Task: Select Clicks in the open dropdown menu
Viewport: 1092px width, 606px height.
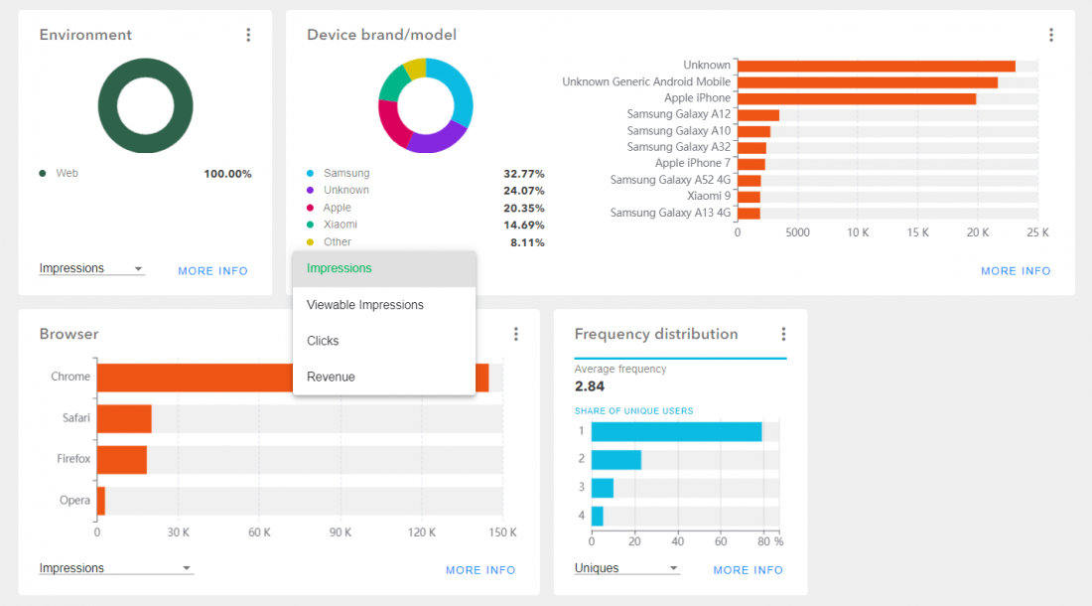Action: (323, 341)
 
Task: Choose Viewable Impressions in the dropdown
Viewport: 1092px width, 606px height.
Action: (364, 305)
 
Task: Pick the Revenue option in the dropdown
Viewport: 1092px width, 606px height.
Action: (331, 377)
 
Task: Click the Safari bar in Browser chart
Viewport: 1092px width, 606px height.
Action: (124, 418)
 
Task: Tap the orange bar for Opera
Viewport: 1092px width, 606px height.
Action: (100, 501)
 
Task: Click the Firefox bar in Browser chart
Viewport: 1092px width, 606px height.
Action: (121, 460)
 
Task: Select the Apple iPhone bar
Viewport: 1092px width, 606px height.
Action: (856, 98)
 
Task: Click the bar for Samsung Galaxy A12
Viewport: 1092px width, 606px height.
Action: (757, 114)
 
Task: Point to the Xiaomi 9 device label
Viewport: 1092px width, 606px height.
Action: (708, 196)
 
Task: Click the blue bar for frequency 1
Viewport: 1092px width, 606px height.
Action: (676, 431)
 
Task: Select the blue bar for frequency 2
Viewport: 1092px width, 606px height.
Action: (615, 460)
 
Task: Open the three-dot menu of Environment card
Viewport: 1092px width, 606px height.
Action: (248, 35)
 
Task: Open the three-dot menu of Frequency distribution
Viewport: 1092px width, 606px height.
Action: (783, 334)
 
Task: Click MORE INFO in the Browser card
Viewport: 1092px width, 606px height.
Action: (480, 570)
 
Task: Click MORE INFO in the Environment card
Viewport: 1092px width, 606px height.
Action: (212, 271)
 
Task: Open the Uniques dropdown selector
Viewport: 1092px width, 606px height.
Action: (626, 568)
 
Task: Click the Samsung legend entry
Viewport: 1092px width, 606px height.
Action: (345, 173)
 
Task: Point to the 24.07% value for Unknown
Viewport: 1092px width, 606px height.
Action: (523, 191)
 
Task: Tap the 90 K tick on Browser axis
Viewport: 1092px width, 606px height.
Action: (341, 532)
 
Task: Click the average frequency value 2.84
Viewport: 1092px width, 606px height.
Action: (590, 385)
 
